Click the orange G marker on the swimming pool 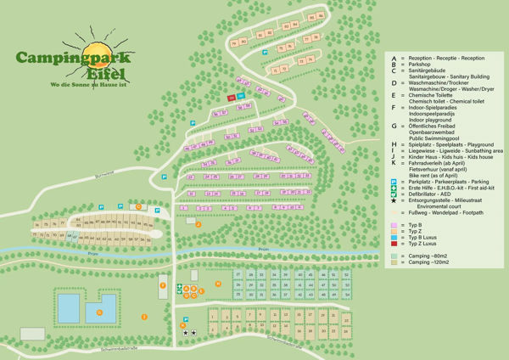(99, 312)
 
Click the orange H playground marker (218, 284)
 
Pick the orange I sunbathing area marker (143, 317)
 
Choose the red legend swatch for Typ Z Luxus (394, 243)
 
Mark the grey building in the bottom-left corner (32, 334)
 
